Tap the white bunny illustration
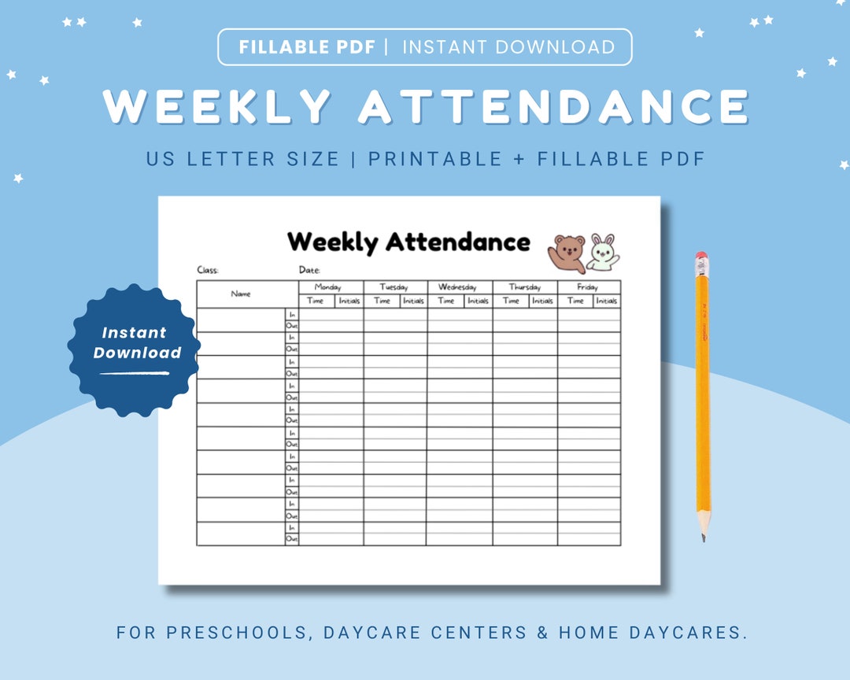tap(603, 252)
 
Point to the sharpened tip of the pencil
tap(704, 538)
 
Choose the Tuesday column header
tap(395, 287)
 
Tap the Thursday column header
tap(525, 287)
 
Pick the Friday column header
tap(588, 287)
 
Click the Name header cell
tap(241, 294)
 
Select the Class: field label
tap(208, 270)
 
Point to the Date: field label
tap(309, 270)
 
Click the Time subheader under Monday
tap(316, 301)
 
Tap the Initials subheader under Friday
tap(606, 301)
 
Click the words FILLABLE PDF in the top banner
tap(308, 47)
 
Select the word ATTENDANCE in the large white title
tap(553, 106)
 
